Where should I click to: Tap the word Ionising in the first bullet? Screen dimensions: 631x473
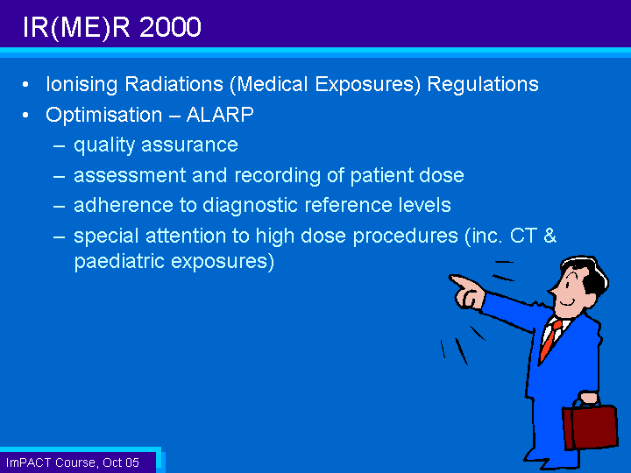tap(82, 85)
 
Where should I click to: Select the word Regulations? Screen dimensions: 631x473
tap(483, 85)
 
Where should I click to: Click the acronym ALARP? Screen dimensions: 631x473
tap(220, 115)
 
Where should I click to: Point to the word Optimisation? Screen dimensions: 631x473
tap(103, 116)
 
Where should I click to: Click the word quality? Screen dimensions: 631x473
tap(103, 145)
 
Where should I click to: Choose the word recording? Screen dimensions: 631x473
tap(277, 176)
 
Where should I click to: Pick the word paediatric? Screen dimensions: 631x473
tap(119, 261)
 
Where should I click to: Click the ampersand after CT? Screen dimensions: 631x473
tap(549, 236)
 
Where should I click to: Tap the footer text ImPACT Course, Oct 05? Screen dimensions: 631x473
tap(73, 462)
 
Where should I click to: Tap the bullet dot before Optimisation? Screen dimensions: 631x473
tap(25, 116)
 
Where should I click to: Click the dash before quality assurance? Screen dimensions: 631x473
tap(60, 146)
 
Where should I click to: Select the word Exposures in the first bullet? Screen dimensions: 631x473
tap(367, 85)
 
